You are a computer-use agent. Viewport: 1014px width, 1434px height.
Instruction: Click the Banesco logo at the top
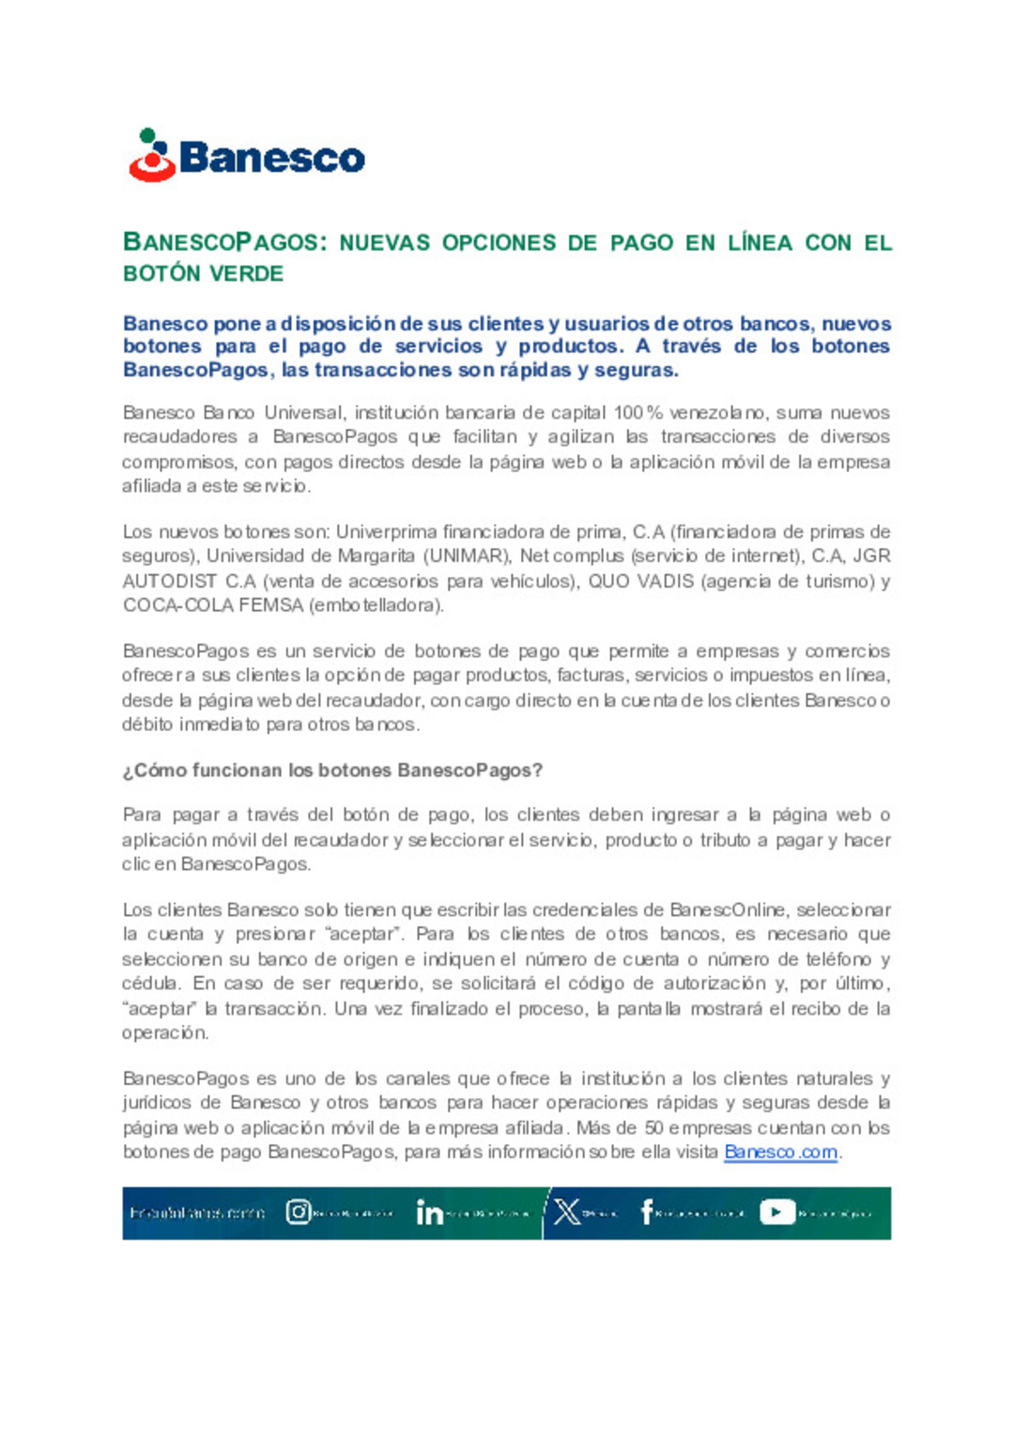(x=246, y=156)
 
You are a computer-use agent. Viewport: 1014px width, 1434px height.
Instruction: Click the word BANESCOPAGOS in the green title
(x=222, y=242)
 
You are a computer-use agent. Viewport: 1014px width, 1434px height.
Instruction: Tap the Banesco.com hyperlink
(x=780, y=1152)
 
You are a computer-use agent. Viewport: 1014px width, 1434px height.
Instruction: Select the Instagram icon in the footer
(x=298, y=1213)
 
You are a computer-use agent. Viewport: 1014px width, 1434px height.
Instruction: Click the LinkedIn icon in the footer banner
(x=429, y=1213)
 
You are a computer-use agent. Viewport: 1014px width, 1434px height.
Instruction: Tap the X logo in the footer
(x=567, y=1213)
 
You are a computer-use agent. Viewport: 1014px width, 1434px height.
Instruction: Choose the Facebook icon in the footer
(x=646, y=1213)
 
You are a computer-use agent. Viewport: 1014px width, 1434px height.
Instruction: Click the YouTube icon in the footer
(x=776, y=1213)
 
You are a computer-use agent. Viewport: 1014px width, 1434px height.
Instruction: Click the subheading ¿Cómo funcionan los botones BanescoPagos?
(x=332, y=770)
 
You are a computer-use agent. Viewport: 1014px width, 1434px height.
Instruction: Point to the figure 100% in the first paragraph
(x=638, y=413)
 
